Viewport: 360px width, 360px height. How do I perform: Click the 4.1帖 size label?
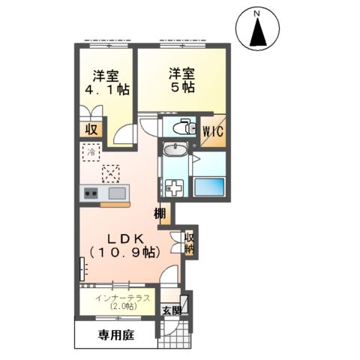click(x=106, y=89)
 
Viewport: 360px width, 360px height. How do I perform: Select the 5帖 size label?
click(x=181, y=88)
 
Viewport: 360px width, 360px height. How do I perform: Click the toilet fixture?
click(x=178, y=128)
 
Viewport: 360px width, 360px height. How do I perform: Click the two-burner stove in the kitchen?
click(x=91, y=194)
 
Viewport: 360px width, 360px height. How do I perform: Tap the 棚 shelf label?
click(x=161, y=214)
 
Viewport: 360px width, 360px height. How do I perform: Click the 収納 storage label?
click(x=190, y=241)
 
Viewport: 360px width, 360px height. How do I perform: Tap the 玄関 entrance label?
click(x=170, y=310)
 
